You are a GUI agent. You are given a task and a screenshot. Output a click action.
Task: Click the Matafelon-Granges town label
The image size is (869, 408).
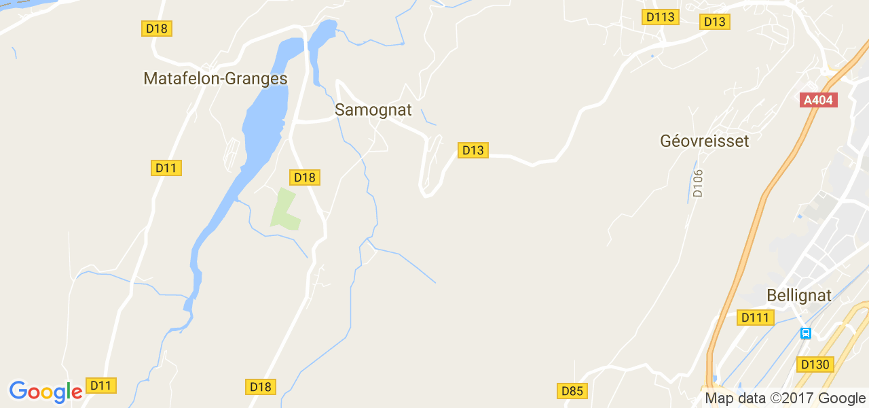pos(215,79)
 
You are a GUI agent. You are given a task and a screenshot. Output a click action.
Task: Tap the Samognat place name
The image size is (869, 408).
pos(373,109)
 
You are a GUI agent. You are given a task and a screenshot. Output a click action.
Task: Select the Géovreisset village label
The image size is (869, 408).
pos(704,141)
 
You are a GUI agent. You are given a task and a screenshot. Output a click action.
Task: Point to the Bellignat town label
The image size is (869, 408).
pos(798,296)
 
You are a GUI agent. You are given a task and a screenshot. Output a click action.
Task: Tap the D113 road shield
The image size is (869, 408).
pos(661,17)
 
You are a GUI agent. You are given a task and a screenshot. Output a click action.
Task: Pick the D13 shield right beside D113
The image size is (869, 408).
pos(715,22)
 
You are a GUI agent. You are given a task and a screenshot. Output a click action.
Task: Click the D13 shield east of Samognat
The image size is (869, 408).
pos(473,150)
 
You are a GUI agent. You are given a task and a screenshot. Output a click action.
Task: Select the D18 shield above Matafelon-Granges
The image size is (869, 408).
pos(157,28)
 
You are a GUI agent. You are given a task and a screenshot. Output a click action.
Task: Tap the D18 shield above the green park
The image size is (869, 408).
pos(305,177)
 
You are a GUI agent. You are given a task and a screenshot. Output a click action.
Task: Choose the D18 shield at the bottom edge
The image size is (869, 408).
pos(261,387)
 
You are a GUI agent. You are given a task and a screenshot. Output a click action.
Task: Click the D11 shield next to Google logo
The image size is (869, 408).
pos(101,386)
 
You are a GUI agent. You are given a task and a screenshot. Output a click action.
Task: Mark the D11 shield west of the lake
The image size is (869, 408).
pos(166,168)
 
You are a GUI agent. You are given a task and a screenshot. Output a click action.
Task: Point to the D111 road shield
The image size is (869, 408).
pos(756,318)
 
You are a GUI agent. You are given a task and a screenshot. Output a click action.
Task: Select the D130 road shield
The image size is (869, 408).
pos(815,364)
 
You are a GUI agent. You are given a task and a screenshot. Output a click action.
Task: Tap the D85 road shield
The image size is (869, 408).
pos(572,391)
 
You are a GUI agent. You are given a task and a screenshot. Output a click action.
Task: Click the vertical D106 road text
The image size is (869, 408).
pos(698,183)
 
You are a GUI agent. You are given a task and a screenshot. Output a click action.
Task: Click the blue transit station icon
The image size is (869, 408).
pos(806,333)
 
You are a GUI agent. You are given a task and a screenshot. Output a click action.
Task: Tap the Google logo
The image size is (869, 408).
pos(45,392)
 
